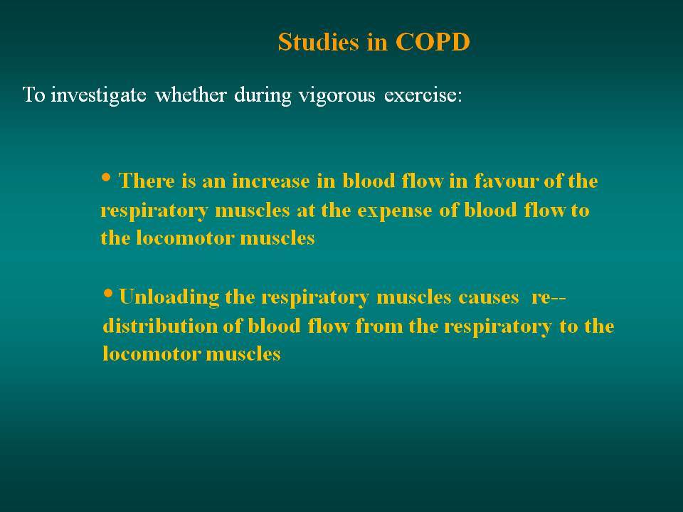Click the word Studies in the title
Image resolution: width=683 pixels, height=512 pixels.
(x=319, y=42)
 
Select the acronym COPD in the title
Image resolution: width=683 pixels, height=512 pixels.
(x=433, y=42)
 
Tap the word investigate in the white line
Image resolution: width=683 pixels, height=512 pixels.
(x=98, y=95)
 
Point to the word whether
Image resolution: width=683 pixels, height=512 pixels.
(x=191, y=95)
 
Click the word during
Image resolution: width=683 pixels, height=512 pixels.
(x=263, y=95)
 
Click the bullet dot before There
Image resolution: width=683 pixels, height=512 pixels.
(x=106, y=177)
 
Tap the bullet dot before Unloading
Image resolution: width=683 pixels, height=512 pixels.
(x=107, y=293)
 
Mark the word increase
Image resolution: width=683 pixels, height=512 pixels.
(x=271, y=181)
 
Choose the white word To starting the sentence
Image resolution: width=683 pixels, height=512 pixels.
(x=33, y=95)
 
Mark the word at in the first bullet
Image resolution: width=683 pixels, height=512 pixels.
(x=306, y=210)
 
